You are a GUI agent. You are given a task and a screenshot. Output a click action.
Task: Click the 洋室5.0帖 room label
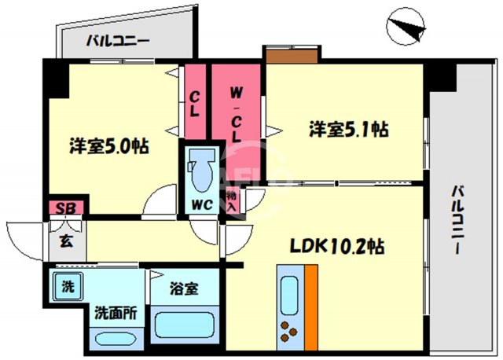pyautogui.click(x=110, y=145)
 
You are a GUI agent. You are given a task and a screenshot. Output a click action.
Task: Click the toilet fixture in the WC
pyautogui.click(x=200, y=167)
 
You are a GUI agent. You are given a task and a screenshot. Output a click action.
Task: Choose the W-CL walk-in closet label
pyautogui.click(x=235, y=109)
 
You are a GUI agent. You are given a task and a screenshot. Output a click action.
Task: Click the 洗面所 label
pyautogui.click(x=116, y=312)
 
